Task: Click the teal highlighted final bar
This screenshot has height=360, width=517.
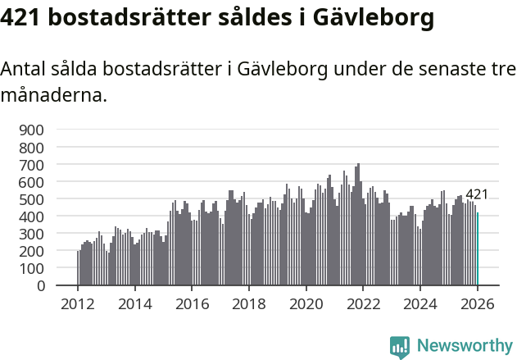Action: point(478,249)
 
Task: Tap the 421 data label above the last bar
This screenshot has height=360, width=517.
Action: point(477,194)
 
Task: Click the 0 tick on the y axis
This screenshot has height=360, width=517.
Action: point(39,285)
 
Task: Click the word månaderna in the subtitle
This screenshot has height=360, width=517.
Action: point(53,95)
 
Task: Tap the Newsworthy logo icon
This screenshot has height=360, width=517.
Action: point(400,346)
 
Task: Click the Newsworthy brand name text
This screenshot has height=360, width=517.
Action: point(465,346)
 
